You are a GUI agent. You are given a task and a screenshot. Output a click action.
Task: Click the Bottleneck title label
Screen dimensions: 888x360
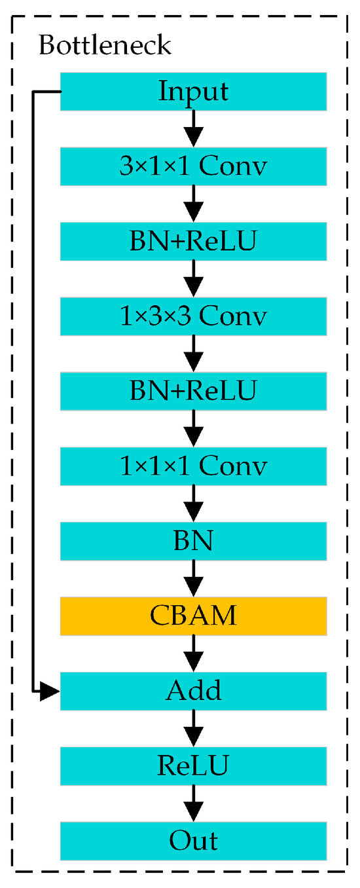tap(105, 46)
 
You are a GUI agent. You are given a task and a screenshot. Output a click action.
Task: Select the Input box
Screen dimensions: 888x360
tap(193, 92)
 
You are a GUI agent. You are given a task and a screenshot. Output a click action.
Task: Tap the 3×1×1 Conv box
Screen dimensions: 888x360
tap(193, 166)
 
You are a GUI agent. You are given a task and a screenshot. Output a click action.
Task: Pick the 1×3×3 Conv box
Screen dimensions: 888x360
tap(193, 316)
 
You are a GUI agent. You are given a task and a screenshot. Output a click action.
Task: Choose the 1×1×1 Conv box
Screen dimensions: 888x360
tap(193, 466)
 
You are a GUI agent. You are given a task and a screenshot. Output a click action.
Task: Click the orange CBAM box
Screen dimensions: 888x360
tap(193, 616)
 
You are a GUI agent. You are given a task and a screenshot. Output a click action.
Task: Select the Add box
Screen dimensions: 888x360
tap(193, 690)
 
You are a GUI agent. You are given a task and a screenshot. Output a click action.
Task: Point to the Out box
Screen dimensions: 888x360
tap(193, 840)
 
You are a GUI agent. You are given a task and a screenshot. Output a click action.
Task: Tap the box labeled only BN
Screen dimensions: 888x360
tap(193, 541)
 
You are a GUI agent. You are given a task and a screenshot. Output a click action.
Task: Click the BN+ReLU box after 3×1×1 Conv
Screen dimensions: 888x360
tap(193, 241)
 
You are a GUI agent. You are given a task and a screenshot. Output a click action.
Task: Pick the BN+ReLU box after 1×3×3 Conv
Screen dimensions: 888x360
tap(193, 391)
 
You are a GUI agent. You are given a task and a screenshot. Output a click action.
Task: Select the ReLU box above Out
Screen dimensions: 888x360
tap(193, 766)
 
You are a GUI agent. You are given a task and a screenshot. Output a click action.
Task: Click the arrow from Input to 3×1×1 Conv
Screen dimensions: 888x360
tap(193, 129)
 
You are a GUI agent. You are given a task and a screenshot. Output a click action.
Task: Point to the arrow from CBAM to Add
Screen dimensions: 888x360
tap(193, 653)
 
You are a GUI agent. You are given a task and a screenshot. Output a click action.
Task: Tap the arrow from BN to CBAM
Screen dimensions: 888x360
tap(193, 578)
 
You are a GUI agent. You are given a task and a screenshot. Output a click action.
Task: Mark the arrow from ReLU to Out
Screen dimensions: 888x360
tap(193, 803)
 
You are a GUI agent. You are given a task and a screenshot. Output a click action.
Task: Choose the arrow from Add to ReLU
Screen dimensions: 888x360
tap(193, 728)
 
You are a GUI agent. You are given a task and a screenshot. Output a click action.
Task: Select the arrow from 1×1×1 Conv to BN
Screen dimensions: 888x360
tap(193, 504)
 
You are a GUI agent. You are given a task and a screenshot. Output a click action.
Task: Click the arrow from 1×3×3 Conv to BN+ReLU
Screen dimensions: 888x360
tap(193, 354)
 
